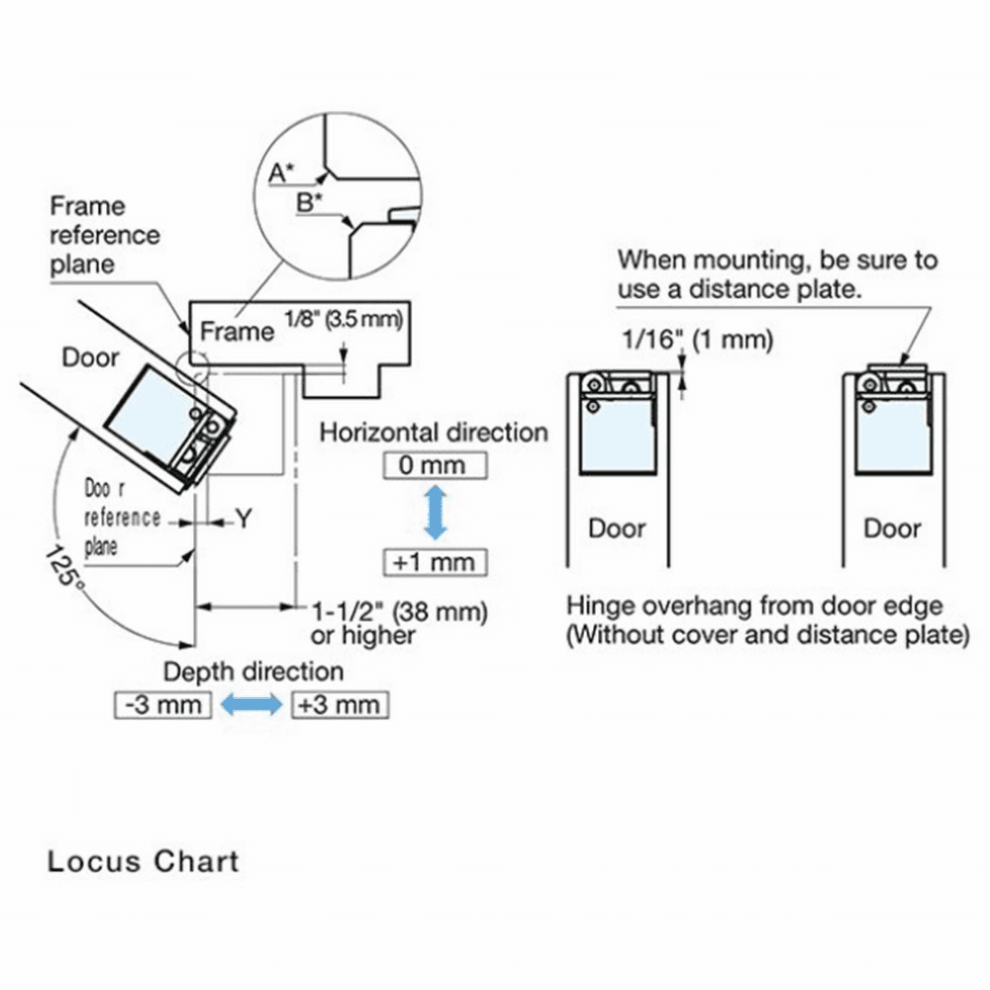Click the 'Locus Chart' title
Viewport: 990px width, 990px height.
143,860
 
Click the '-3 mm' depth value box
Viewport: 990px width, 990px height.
163,705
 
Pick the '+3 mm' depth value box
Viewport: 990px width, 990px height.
339,705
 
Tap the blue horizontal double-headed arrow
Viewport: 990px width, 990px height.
251,705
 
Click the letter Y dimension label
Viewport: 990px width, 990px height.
243,518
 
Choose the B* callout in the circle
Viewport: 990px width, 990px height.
309,203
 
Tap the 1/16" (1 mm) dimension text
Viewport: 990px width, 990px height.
696,341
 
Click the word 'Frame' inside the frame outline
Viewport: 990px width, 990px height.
237,331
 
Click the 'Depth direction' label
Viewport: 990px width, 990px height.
253,671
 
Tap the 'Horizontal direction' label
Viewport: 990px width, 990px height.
434,433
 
